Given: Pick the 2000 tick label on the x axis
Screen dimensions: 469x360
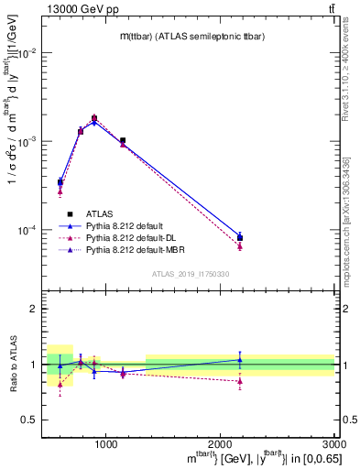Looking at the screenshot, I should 220,444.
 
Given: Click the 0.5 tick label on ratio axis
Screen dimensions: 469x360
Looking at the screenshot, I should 33,420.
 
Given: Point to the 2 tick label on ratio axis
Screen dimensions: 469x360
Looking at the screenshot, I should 37,310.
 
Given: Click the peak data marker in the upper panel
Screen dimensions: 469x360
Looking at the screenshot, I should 94,118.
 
